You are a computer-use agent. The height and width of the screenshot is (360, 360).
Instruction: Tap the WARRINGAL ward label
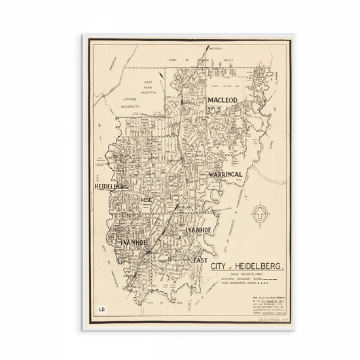pyautogui.click(x=226, y=175)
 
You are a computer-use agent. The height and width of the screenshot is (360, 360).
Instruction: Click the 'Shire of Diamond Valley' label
pyautogui.click(x=196, y=58)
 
